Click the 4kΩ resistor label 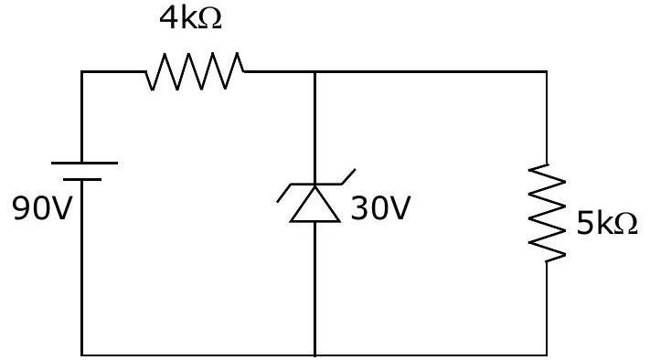tap(190, 18)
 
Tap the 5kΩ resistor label tap(607, 224)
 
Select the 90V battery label tap(42, 208)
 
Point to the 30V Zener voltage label tap(380, 208)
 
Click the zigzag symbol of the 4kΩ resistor tap(195, 71)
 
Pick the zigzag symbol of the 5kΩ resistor tap(547, 213)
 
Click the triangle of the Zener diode tap(315, 204)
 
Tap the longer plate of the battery tap(84, 164)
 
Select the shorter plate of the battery tap(82, 179)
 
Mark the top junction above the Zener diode tap(315, 72)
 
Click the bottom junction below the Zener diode tap(315, 355)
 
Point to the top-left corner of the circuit tap(82, 72)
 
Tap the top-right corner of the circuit tap(547, 72)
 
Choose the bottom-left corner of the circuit tap(82, 355)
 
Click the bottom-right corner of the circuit tap(547, 355)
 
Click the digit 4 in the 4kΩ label tap(168, 19)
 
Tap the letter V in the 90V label tap(62, 208)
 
